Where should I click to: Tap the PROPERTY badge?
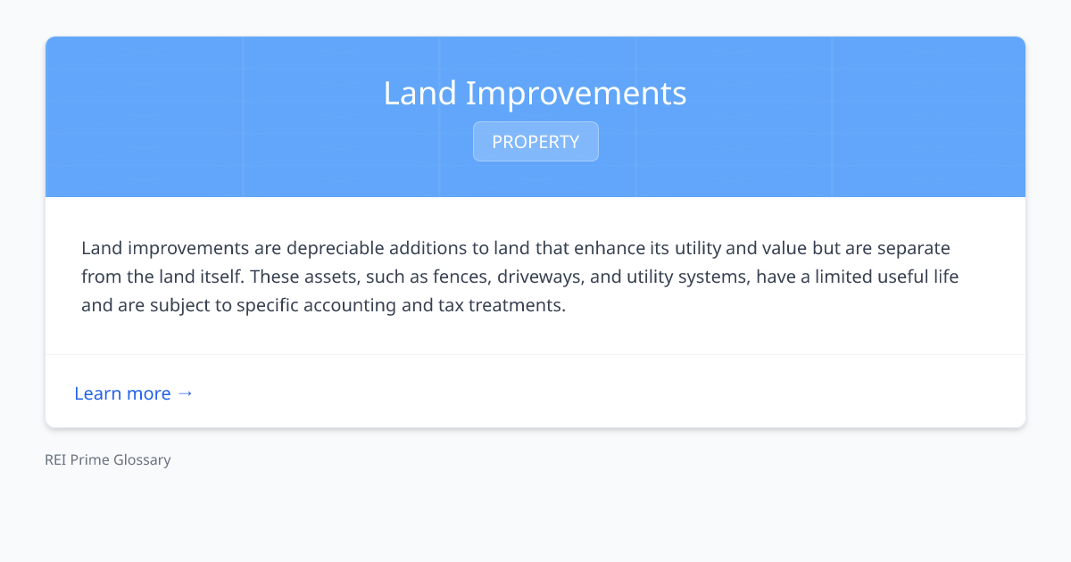(x=535, y=142)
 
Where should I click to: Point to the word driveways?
(x=541, y=277)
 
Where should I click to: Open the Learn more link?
(x=122, y=393)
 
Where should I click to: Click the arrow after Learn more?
(x=185, y=393)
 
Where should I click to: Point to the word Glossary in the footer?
(x=142, y=460)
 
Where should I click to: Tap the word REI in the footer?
(x=56, y=460)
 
